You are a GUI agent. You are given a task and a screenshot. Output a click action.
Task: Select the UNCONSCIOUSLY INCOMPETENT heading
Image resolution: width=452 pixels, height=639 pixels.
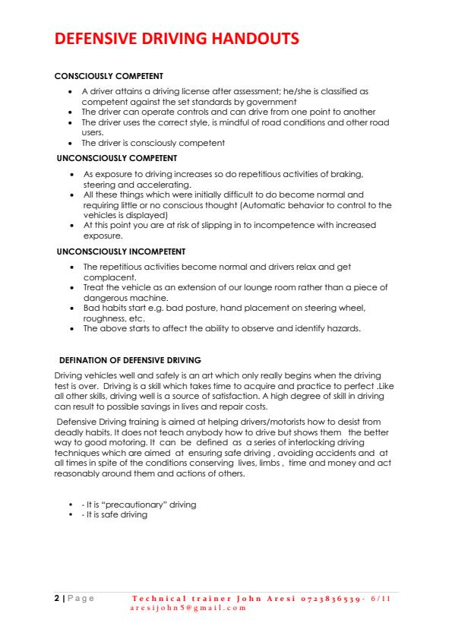click(x=122, y=251)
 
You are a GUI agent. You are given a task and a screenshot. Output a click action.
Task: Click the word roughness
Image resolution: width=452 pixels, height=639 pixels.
click(x=104, y=319)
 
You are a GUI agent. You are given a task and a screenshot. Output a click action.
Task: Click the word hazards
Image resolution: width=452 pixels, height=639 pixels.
click(x=342, y=328)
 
